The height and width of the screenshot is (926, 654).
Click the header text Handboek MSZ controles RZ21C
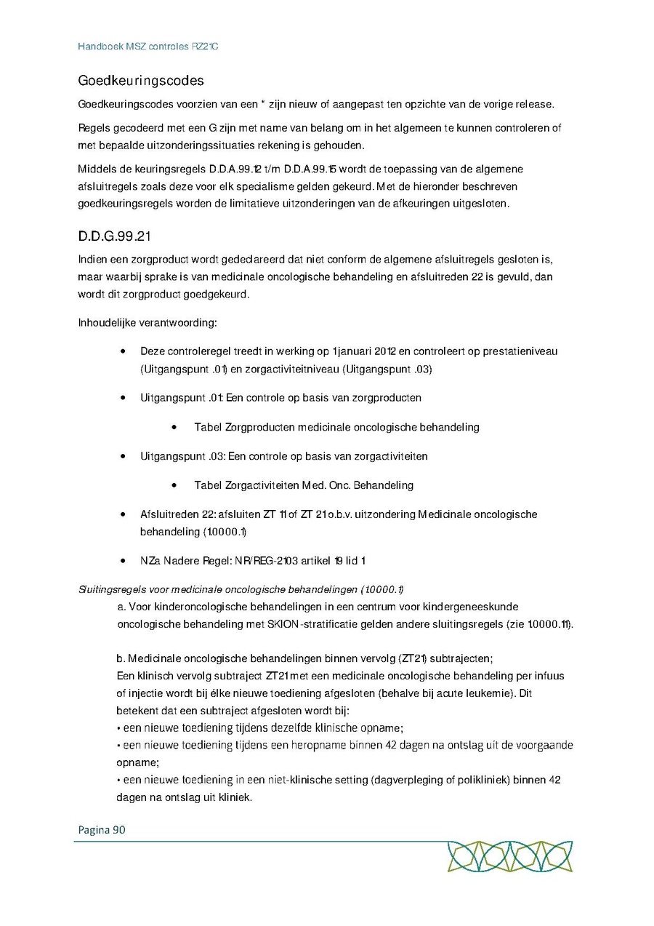(148, 47)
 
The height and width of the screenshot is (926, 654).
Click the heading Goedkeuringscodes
(141, 80)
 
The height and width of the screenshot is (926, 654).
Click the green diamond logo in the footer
(509, 855)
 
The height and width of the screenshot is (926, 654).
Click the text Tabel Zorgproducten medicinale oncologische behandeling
(336, 427)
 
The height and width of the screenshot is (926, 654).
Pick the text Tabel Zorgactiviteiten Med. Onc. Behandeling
(303, 485)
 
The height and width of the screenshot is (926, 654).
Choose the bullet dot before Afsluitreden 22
(124, 514)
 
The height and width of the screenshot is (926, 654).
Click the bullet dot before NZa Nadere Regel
(124, 561)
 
